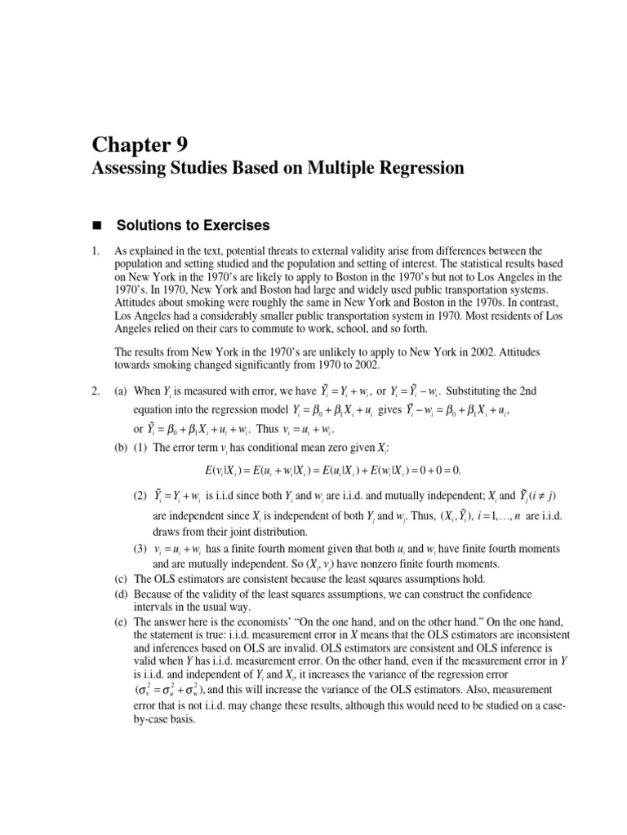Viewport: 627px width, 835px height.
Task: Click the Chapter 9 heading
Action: (140, 145)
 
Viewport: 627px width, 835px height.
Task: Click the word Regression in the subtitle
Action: (416, 169)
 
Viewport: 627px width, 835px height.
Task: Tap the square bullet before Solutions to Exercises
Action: (96, 224)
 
